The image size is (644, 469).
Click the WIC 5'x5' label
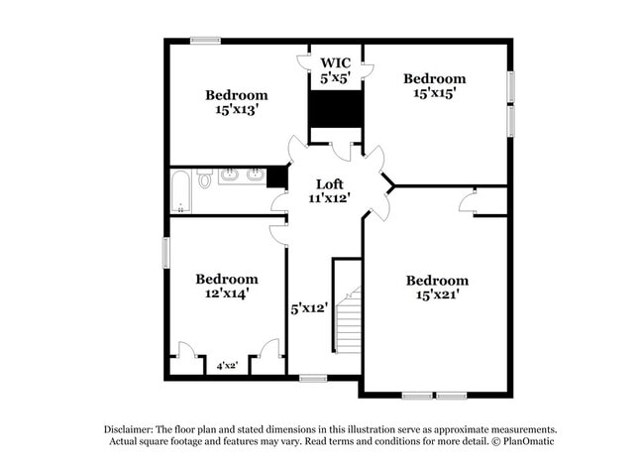point(336,70)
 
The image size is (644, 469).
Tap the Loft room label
point(329,184)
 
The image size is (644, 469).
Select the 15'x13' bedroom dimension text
point(237,110)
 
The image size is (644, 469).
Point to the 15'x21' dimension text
point(437,294)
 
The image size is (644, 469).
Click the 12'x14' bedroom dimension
point(227,293)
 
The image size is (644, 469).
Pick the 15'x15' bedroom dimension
point(435,93)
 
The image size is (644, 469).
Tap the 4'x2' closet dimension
point(227,365)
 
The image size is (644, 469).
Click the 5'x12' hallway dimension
point(309,308)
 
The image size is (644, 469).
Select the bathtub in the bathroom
point(180,192)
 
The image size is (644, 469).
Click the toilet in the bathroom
point(204,178)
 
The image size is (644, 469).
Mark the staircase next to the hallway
point(349,319)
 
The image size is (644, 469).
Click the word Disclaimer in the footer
point(129,430)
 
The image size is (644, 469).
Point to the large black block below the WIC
point(336,109)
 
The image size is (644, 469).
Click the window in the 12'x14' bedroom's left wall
point(165,253)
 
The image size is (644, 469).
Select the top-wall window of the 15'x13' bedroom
point(205,41)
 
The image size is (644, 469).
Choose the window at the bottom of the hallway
point(313,378)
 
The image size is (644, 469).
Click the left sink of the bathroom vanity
point(229,176)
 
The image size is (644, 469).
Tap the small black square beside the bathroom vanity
point(276,177)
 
